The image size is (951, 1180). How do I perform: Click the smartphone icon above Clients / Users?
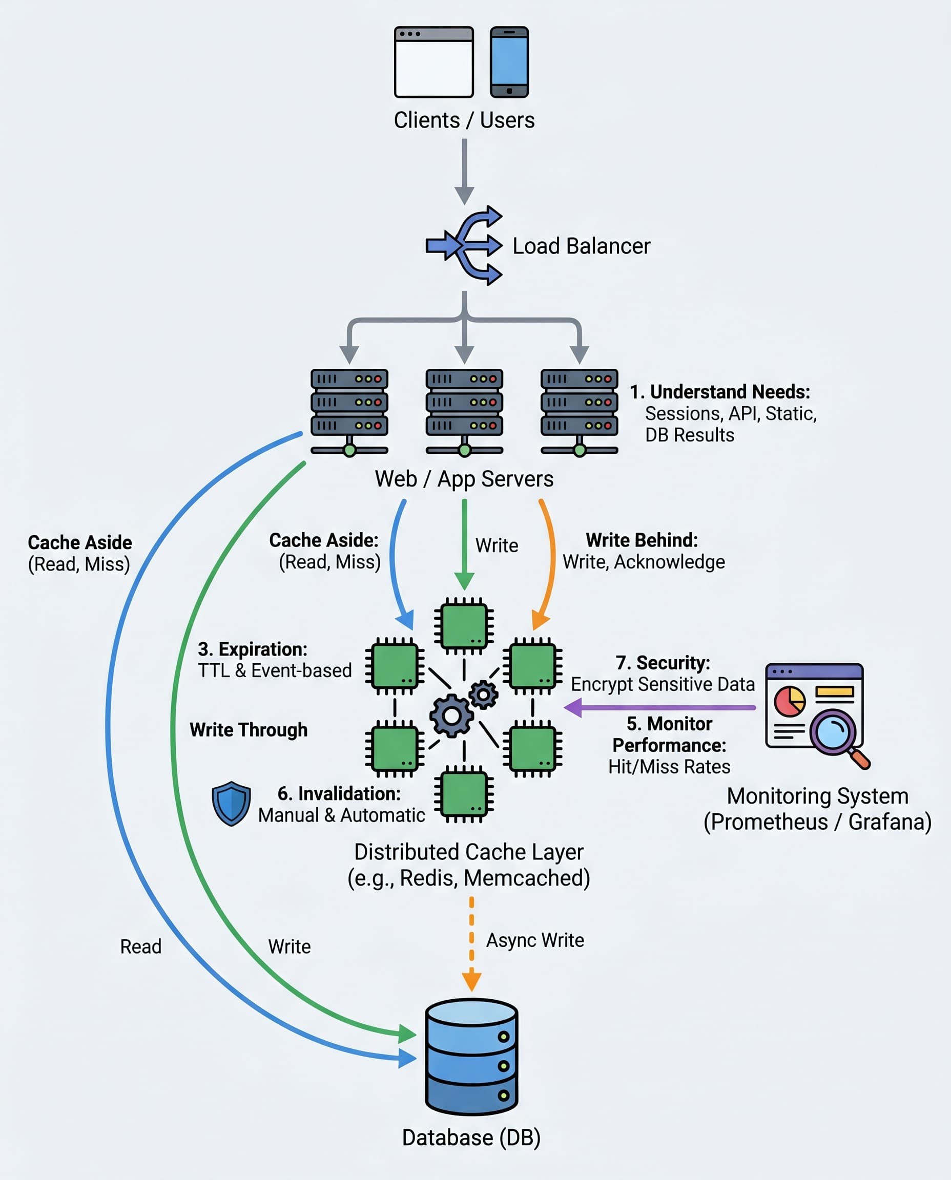coord(509,62)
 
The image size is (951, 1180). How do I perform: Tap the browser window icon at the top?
coord(433,62)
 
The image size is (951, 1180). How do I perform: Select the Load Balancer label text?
coord(581,246)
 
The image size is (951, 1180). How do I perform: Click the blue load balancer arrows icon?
coord(465,246)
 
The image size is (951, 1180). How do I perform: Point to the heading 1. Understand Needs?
coord(719,392)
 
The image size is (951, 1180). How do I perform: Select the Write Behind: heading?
coord(642,540)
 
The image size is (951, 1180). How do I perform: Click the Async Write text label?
coord(534,940)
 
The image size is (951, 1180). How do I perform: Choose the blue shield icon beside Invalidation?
coord(231,803)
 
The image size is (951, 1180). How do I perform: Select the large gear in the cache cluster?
coord(451,715)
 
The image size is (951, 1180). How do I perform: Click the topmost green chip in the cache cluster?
coord(464,626)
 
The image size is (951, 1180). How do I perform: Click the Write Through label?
coord(248,730)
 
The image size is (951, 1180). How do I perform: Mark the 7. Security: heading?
coord(663,663)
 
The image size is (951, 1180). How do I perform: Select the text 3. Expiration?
coord(253,649)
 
